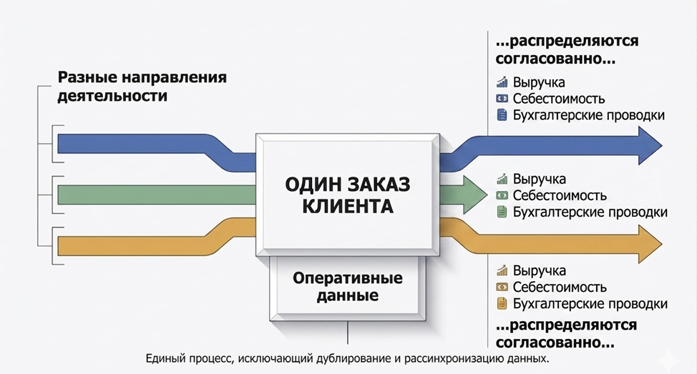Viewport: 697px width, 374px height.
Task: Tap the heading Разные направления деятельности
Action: tap(142, 86)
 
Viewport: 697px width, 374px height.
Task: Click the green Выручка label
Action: tap(539, 179)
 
